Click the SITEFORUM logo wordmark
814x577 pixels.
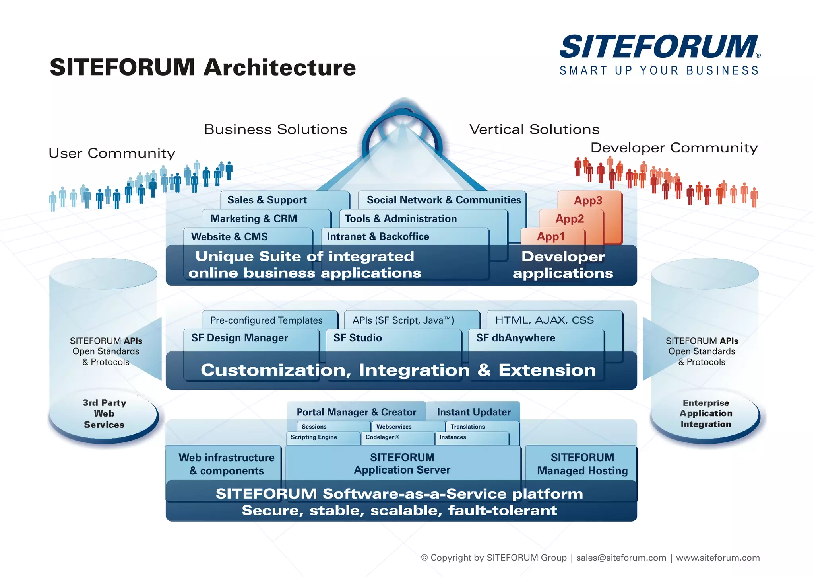click(x=659, y=47)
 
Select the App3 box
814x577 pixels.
click(x=588, y=201)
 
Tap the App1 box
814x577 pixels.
click(x=551, y=237)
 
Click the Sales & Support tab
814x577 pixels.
click(x=267, y=200)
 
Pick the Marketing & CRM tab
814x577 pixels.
click(x=254, y=219)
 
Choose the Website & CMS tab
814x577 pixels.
click(x=229, y=237)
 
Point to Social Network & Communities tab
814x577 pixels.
click(x=444, y=200)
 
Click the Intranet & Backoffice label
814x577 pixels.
click(x=378, y=237)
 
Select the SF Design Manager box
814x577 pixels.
click(x=240, y=338)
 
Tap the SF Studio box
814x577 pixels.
click(x=358, y=338)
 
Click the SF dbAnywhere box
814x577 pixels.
click(x=516, y=338)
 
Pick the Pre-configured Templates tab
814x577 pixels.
click(x=266, y=320)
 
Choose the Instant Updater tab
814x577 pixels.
click(x=474, y=412)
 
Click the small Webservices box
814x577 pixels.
click(x=394, y=427)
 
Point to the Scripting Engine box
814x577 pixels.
click(x=314, y=437)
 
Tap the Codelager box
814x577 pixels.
click(x=382, y=437)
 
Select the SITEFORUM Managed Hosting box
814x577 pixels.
click(x=582, y=464)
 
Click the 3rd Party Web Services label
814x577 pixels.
click(x=104, y=414)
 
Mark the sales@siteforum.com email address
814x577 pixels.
click(x=621, y=558)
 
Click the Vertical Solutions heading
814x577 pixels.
click(x=535, y=129)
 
